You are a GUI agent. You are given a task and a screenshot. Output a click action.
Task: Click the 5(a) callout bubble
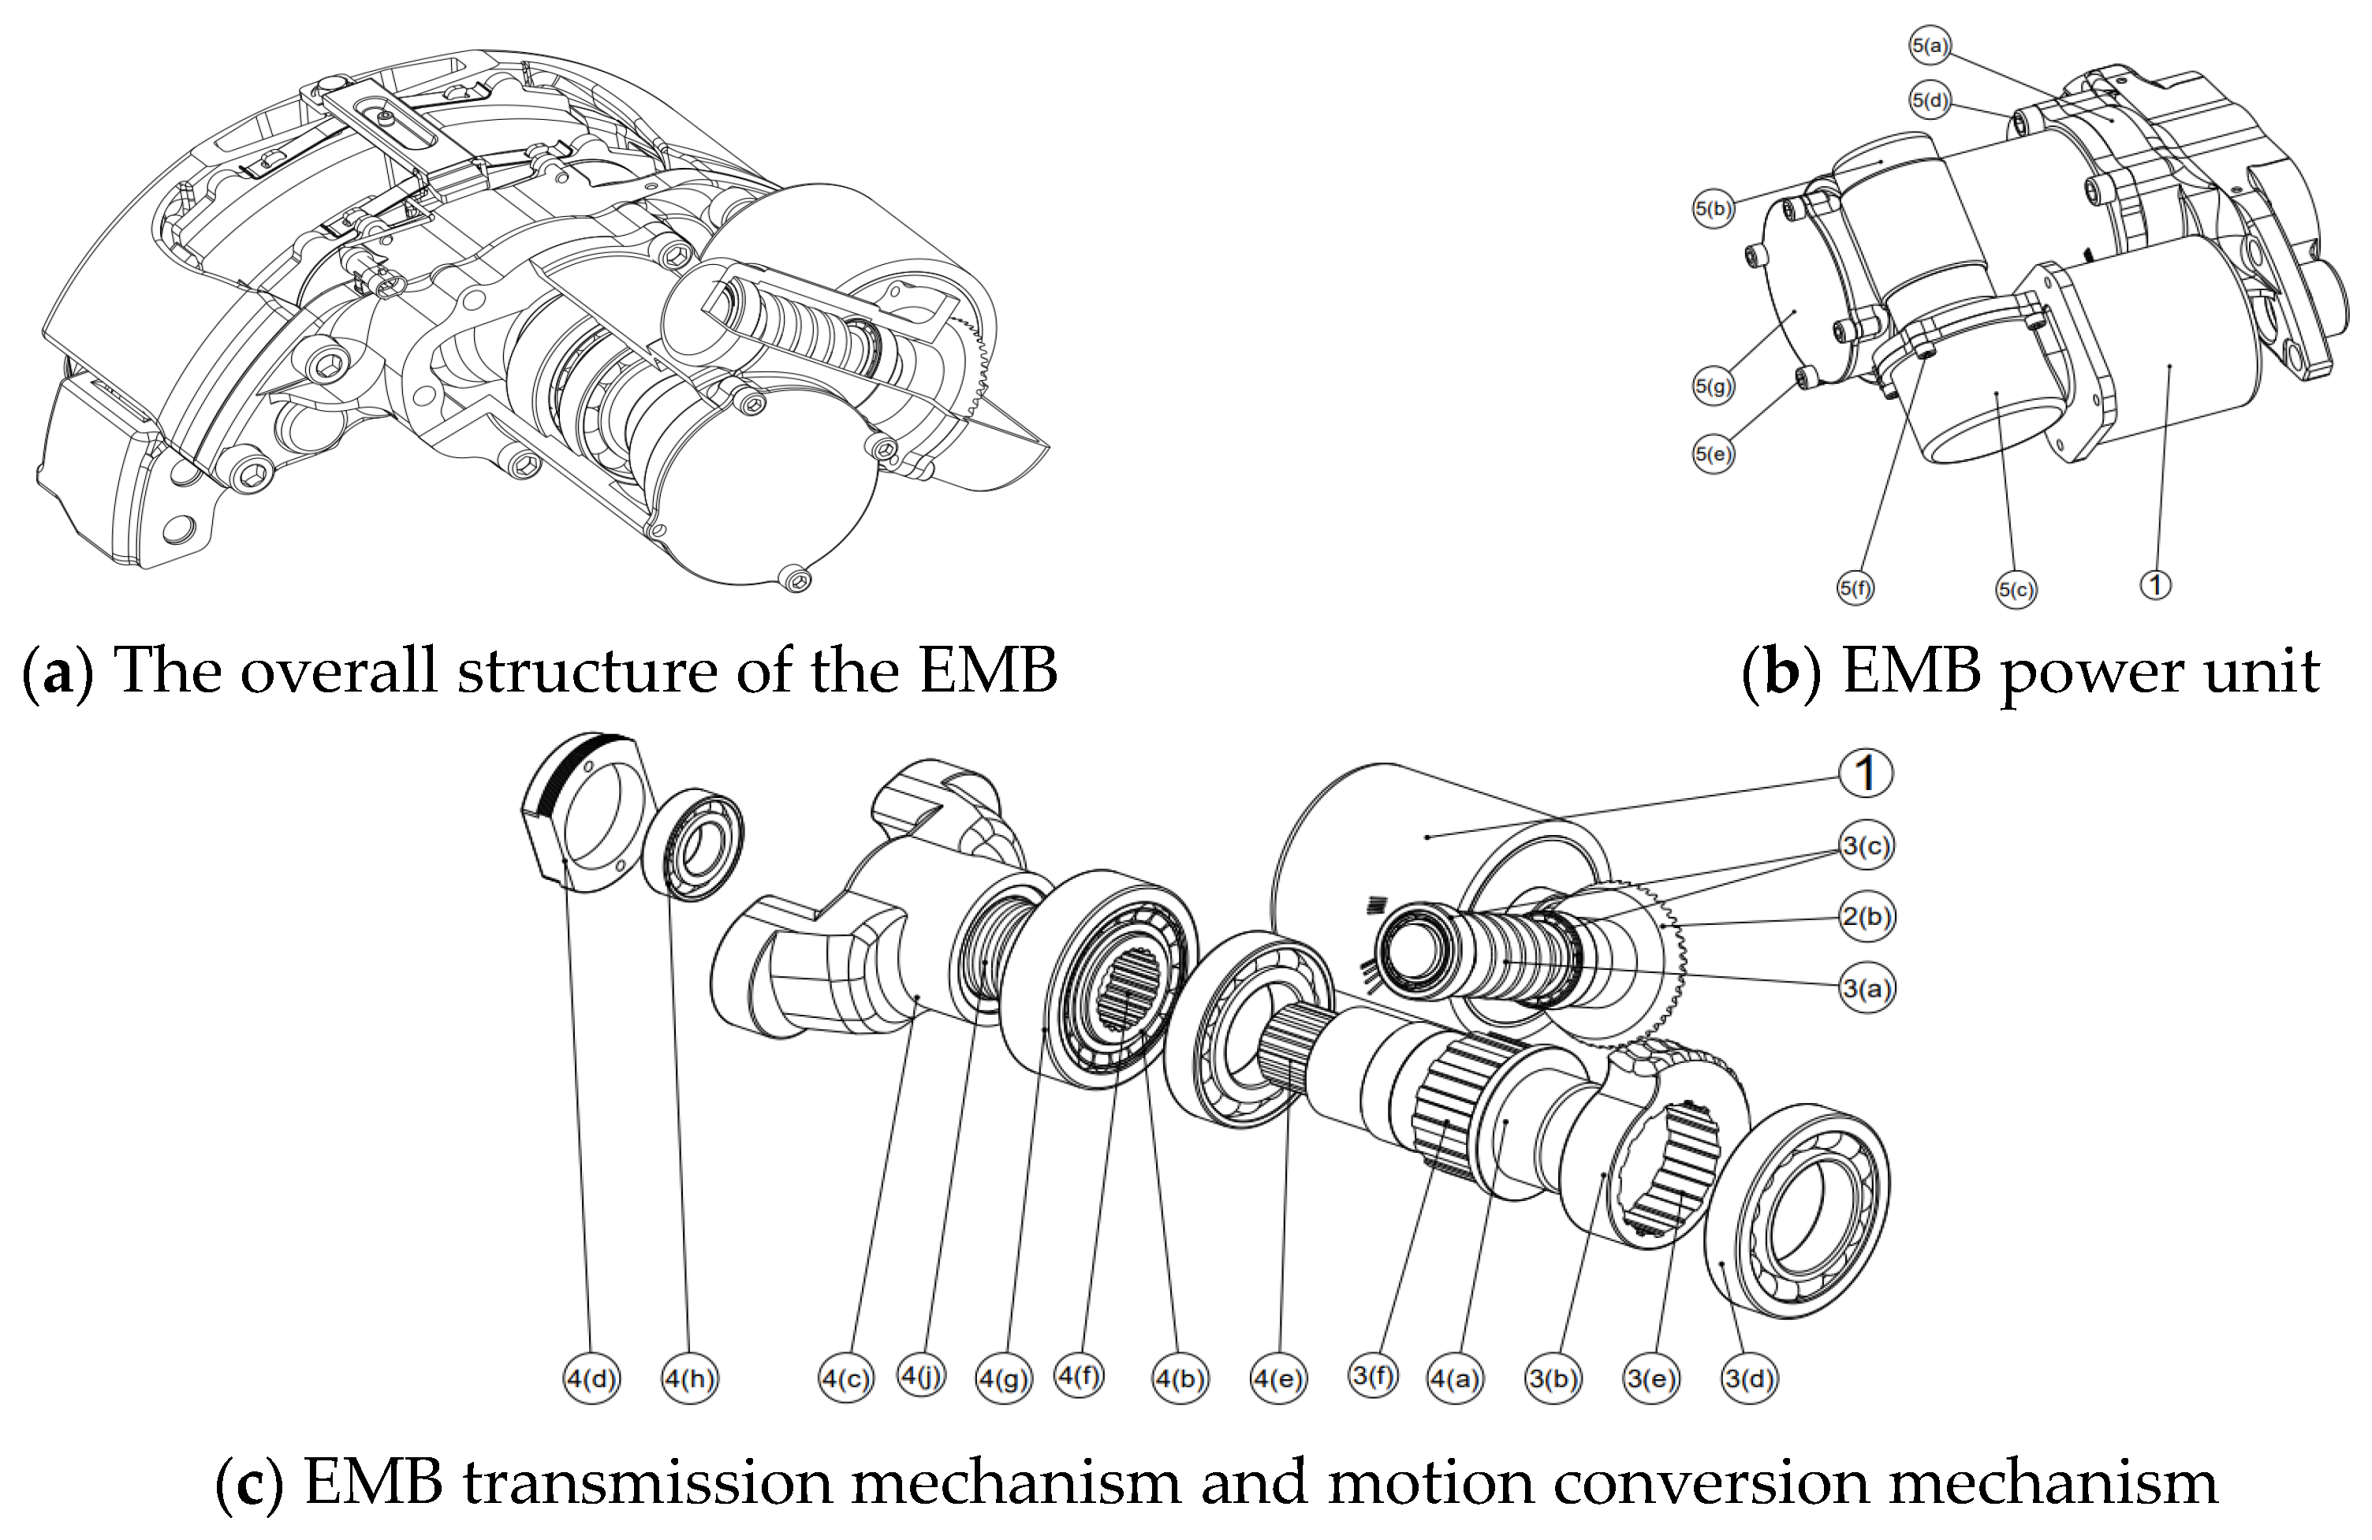pos(1930,45)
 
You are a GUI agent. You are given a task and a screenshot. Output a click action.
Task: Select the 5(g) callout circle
pos(1714,386)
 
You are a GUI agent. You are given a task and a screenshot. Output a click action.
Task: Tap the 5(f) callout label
pos(1855,588)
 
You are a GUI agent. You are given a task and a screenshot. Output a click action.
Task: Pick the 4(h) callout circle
pos(690,1379)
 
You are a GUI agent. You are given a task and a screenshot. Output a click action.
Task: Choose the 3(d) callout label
pos(1749,1378)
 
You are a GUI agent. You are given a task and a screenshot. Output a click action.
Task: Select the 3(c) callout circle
pos(1867,846)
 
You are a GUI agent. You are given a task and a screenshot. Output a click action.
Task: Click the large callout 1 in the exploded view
pos(1866,773)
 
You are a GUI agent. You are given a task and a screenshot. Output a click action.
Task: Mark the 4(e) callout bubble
pos(1279,1379)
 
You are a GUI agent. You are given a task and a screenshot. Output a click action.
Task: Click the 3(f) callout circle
pos(1374,1377)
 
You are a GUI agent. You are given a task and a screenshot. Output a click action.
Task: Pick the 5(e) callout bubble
pos(1714,454)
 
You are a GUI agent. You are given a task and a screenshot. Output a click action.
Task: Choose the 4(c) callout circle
pos(845,1379)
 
